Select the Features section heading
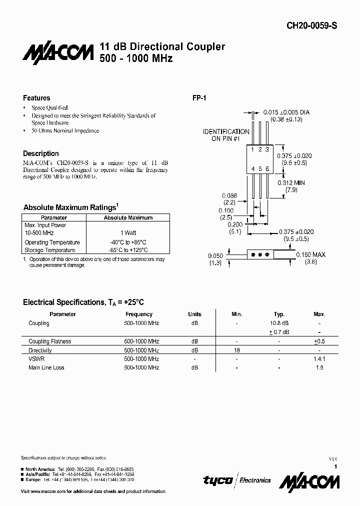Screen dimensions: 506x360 coord(36,98)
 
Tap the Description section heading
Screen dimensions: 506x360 coord(41,153)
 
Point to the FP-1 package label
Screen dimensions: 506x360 coord(199,98)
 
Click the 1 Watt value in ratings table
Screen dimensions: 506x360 coord(128,233)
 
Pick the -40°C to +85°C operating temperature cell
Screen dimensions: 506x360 coord(128,242)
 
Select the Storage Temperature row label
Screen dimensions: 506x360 coord(50,250)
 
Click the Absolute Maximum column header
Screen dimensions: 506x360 coord(128,218)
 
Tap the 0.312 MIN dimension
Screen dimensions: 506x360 coord(291,183)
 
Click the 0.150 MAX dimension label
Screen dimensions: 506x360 coord(310,254)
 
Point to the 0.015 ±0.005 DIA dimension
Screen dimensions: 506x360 coord(286,112)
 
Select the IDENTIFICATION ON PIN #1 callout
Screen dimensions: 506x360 coord(225,135)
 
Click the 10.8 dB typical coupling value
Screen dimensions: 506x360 coord(279,323)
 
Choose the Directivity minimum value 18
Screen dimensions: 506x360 coord(237,350)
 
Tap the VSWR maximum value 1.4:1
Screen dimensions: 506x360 coord(319,359)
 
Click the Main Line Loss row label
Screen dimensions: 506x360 coord(46,367)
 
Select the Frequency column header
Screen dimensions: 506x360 coord(139,314)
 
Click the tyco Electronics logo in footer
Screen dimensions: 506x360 coord(236,480)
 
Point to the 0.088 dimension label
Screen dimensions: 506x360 coord(229,196)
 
